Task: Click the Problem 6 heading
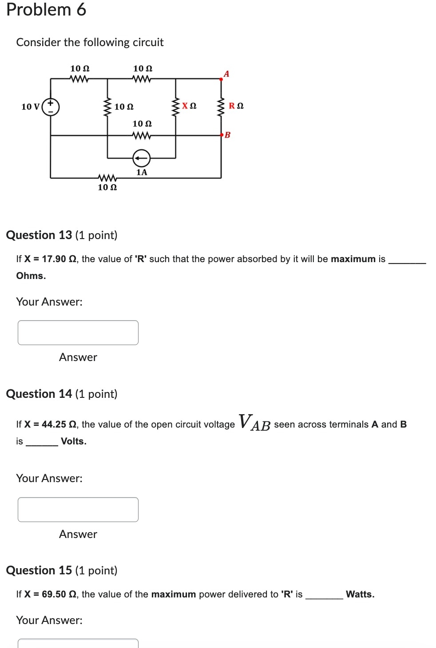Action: click(46, 10)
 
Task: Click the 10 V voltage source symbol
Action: click(51, 107)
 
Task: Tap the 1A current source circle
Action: click(142, 157)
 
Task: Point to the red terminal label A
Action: click(226, 74)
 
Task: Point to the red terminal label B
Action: click(228, 135)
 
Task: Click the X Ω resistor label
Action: click(189, 106)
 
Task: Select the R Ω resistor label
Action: click(236, 106)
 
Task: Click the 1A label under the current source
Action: click(142, 172)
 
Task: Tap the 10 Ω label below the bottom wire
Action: click(107, 187)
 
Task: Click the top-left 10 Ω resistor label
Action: click(80, 68)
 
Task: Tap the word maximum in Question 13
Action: click(353, 259)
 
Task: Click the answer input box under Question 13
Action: click(78, 333)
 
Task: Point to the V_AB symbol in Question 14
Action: click(254, 422)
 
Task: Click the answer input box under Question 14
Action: click(78, 510)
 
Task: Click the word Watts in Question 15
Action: click(360, 594)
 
